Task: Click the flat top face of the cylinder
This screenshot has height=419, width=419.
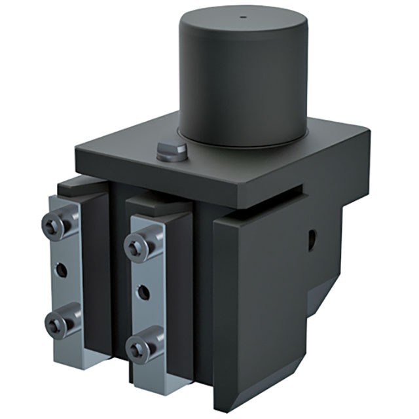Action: pos(242,26)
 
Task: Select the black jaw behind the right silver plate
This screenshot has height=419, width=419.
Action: pos(180,288)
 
